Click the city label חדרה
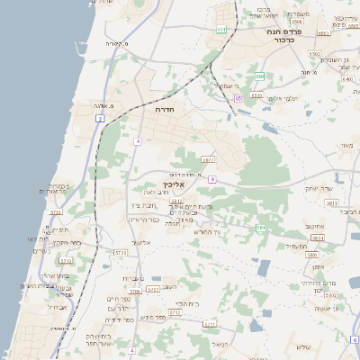tap(165, 109)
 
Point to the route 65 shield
tap(238, 97)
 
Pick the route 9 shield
tap(212, 179)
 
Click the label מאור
tap(346, 145)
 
